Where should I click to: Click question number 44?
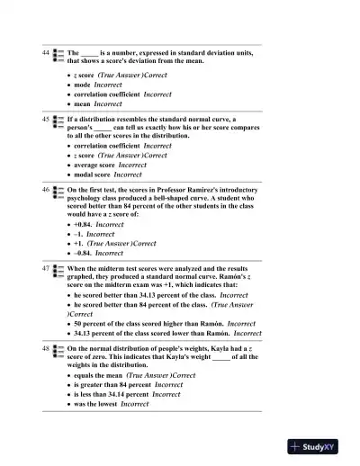45,54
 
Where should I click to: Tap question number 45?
45,119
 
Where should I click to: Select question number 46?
45,191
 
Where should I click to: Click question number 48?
45,346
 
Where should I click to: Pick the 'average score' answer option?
95,165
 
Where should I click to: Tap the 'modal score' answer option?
94,175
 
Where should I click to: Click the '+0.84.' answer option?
85,225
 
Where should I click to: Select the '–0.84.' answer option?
85,254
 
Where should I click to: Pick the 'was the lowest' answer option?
95,404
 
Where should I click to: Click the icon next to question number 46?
58,192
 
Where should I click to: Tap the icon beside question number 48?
58,347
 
